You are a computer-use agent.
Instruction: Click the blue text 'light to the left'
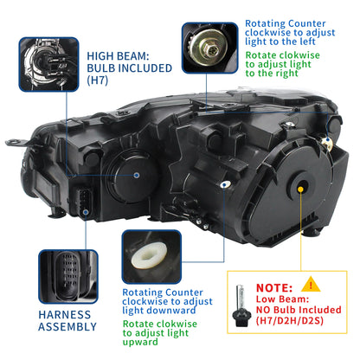[x=286, y=40]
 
